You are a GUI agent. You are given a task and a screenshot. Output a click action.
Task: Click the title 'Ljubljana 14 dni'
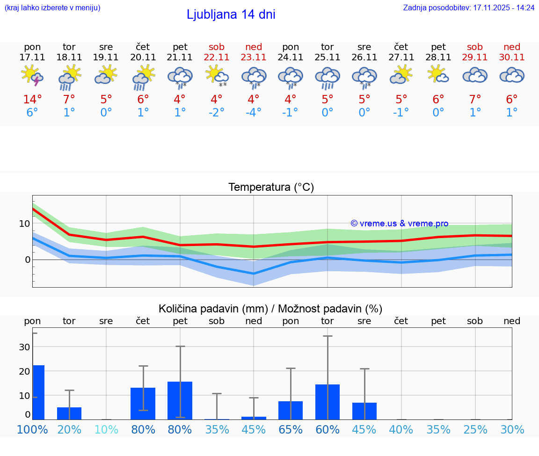pos(231,14)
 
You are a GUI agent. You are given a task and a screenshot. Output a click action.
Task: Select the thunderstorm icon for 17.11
pos(32,76)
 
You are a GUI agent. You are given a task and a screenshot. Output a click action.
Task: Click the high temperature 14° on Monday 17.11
pos(32,100)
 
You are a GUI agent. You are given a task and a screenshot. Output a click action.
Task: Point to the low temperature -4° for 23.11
pos(254,113)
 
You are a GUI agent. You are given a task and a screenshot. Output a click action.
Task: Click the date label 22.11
pos(217,57)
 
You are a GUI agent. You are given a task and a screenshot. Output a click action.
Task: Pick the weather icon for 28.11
pos(438,75)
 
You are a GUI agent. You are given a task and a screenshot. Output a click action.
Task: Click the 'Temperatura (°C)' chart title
pos(271,188)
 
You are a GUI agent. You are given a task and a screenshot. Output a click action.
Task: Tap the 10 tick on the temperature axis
pos(24,224)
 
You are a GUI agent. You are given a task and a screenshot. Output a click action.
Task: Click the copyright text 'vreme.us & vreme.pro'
pos(400,224)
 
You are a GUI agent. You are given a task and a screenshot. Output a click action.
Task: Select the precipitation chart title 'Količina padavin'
pos(270,309)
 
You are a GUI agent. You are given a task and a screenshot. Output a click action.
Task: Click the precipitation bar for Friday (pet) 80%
pos(180,400)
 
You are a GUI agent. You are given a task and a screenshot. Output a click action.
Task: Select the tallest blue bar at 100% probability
pos(38,392)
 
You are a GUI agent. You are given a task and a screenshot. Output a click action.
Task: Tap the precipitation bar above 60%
pos(328,402)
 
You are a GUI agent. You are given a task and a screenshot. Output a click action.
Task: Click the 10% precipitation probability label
pos(106,429)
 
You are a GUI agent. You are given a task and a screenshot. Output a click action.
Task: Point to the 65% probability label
pos(291,429)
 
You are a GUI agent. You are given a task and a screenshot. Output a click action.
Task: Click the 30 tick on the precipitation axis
pos(24,347)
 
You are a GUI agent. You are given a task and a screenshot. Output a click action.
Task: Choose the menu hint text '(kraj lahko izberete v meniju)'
pos(52,8)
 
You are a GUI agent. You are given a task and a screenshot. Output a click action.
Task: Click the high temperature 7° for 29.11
pos(475,100)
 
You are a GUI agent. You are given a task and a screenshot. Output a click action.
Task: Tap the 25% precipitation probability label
pos(475,429)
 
